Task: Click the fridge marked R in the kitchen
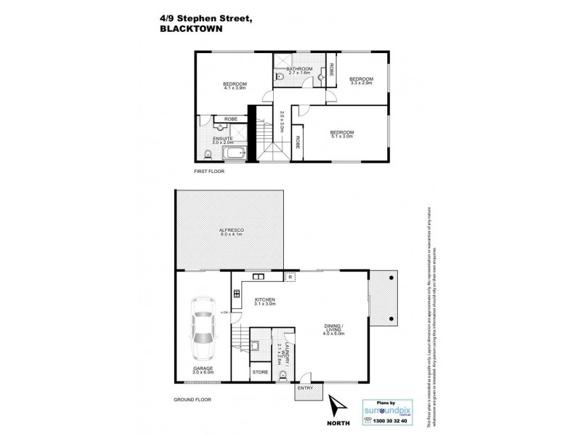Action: pos(290,277)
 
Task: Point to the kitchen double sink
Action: pos(257,277)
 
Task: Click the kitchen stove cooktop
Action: pos(237,294)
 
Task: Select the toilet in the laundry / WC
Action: pos(283,375)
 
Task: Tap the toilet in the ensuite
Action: pos(208,153)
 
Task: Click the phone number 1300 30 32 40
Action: pos(391,421)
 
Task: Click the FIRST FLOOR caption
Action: pos(209,171)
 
